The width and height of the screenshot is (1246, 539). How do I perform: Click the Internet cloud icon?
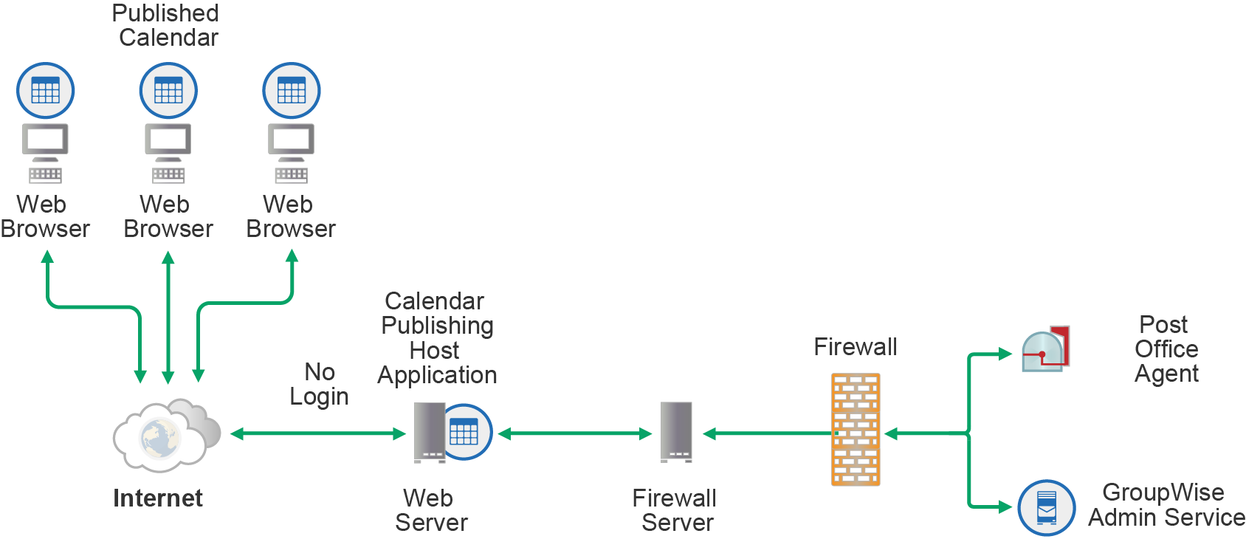[165, 436]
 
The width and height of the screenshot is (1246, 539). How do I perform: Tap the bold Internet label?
[157, 498]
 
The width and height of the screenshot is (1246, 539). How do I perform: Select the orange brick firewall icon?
[856, 429]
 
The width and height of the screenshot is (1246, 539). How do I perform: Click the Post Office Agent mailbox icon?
[1045, 349]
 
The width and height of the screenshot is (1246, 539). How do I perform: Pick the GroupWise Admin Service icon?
[1046, 508]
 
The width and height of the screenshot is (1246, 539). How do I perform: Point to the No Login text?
[319, 384]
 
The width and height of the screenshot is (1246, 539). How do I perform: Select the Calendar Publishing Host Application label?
[437, 338]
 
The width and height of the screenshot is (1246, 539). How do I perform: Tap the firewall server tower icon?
[676, 432]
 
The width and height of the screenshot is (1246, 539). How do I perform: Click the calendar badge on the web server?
[464, 432]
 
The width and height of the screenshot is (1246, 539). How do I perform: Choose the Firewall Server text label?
[675, 510]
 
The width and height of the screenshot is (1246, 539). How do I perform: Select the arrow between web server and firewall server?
[575, 434]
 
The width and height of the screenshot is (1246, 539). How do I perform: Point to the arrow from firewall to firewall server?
[768, 434]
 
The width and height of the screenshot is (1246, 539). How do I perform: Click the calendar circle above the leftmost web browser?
[46, 91]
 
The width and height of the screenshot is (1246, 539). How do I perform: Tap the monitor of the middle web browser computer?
[168, 140]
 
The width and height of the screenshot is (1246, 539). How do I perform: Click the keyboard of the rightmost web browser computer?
[291, 175]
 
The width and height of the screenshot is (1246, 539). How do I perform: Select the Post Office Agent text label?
[1166, 349]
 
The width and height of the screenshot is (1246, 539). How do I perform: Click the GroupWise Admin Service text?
[1166, 505]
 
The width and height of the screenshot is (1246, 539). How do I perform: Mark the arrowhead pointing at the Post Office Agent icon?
[1005, 354]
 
